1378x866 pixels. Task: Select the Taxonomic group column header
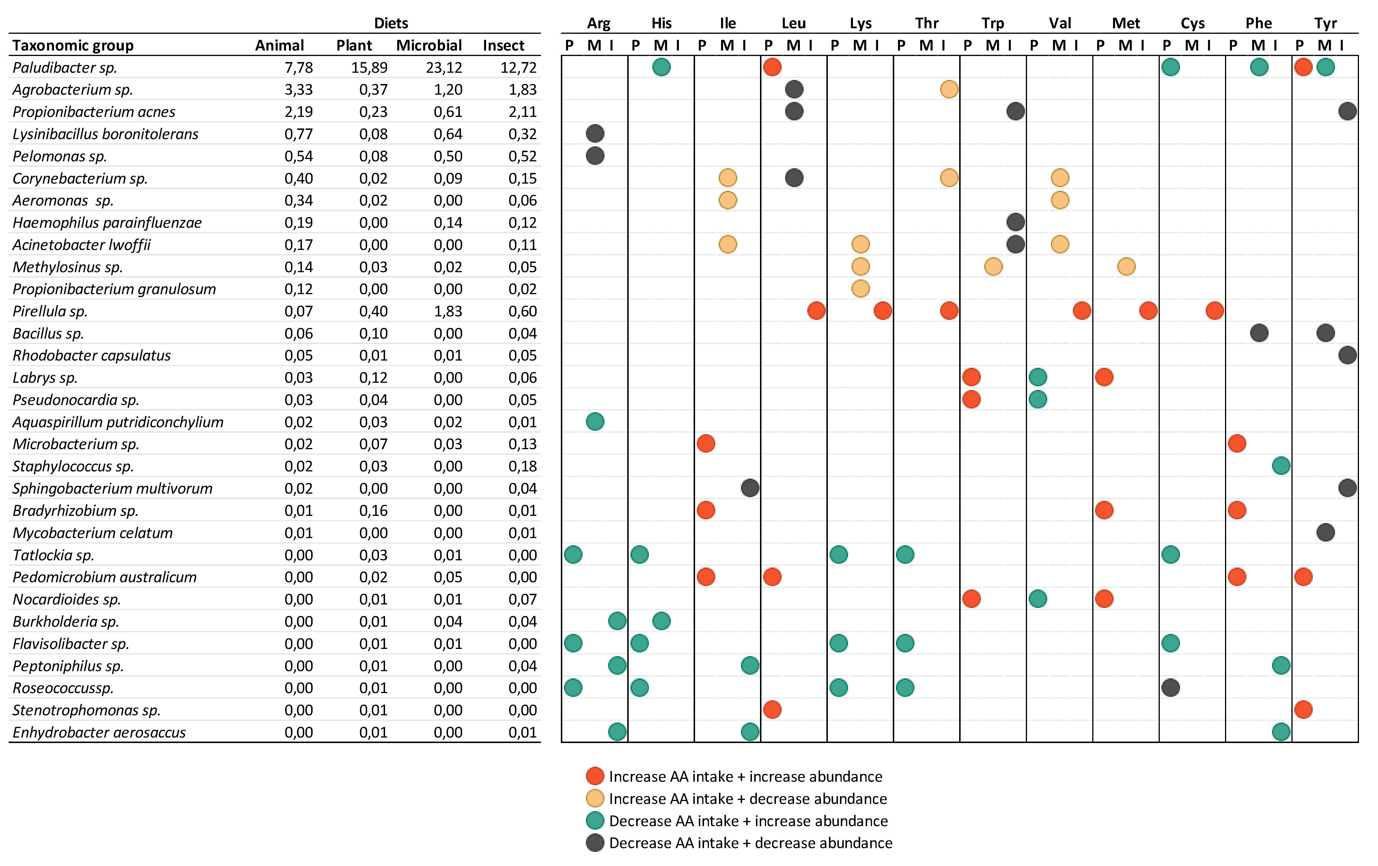[x=73, y=45]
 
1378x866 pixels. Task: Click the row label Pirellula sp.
[x=50, y=311]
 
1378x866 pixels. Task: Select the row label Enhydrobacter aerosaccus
[x=99, y=733]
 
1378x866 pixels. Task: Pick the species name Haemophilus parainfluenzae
[x=107, y=223]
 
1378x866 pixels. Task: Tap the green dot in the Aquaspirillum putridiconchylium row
[x=595, y=422]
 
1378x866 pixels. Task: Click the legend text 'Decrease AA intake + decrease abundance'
[x=750, y=843]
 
